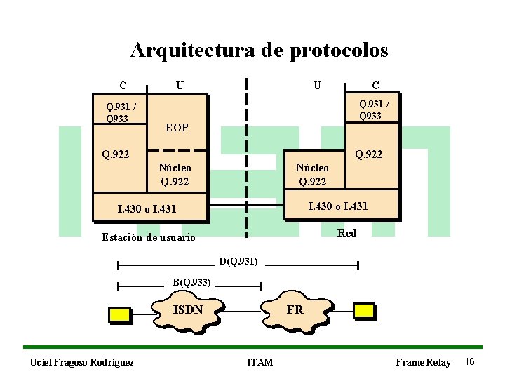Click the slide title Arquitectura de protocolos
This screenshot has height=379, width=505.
pyautogui.click(x=259, y=51)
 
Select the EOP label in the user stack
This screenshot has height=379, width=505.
pyautogui.click(x=176, y=127)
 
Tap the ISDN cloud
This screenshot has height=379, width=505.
pyautogui.click(x=188, y=310)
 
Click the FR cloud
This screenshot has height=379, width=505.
pyautogui.click(x=295, y=310)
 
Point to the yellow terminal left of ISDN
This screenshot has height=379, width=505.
pyautogui.click(x=120, y=314)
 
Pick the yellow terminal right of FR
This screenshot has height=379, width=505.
pyautogui.click(x=364, y=311)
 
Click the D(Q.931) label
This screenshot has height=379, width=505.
pyautogui.click(x=238, y=262)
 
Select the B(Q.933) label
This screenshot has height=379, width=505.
pyautogui.click(x=192, y=282)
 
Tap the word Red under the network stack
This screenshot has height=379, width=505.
pyautogui.click(x=346, y=232)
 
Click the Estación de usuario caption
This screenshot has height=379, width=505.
pyautogui.click(x=149, y=237)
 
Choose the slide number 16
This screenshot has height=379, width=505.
pyautogui.click(x=470, y=361)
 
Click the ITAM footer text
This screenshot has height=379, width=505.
pyautogui.click(x=260, y=362)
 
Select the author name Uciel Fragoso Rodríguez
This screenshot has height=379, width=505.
pyautogui.click(x=81, y=362)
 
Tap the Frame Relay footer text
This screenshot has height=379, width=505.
pyautogui.click(x=423, y=362)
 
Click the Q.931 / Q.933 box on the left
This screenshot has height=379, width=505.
pyautogui.click(x=120, y=112)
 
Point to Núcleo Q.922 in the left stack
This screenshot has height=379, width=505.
pyautogui.click(x=175, y=175)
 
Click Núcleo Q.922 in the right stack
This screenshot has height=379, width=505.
pyautogui.click(x=312, y=175)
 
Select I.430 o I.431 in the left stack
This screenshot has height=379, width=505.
pyautogui.click(x=147, y=208)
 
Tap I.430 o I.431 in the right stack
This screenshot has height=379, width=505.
pyautogui.click(x=338, y=206)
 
